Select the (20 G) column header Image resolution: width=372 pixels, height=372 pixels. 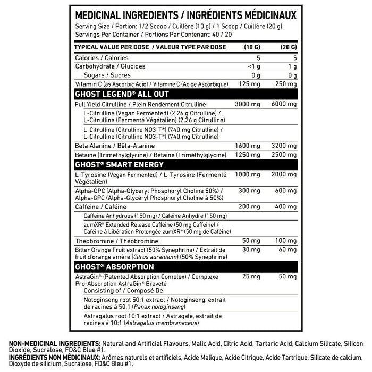click(x=288, y=47)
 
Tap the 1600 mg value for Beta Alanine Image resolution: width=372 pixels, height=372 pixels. click(x=248, y=145)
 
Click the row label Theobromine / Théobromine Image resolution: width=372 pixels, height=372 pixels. click(x=111, y=242)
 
